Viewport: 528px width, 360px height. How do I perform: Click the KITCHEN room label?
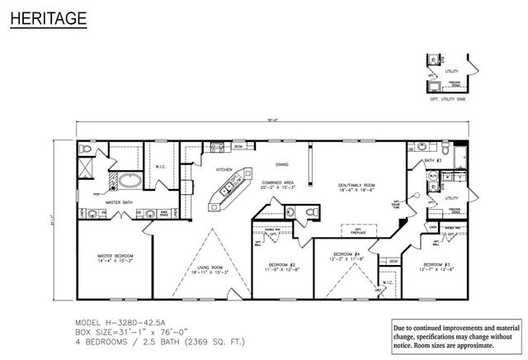[x=224, y=169]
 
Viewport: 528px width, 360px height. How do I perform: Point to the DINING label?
[x=282, y=164]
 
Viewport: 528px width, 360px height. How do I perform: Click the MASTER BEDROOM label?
[x=116, y=257]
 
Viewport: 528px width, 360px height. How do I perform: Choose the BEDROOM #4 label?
[x=346, y=255]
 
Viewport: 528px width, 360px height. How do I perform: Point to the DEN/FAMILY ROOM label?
[x=356, y=186]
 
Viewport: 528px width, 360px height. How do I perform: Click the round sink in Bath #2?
[x=412, y=149]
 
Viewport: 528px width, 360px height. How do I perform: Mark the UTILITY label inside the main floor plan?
[x=451, y=198]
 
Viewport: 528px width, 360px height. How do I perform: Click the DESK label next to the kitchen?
[x=238, y=146]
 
